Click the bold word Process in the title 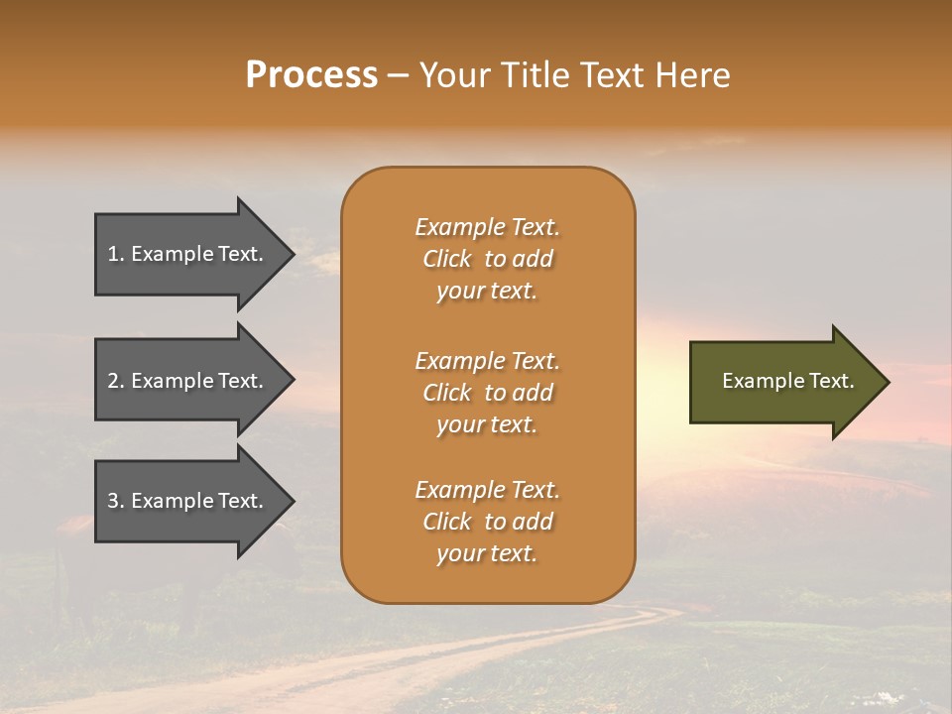pos(311,75)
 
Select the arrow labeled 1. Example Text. pos(188,254)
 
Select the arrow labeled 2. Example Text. pos(188,381)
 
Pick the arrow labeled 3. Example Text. pos(188,501)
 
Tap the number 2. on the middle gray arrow pos(116,381)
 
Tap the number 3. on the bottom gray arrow pos(116,501)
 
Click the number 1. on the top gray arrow pos(115,254)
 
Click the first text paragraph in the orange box pos(487,259)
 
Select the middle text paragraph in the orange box pos(487,393)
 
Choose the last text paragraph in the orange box pos(487,522)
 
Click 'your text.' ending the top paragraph pos(487,292)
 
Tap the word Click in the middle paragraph pos(447,393)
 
